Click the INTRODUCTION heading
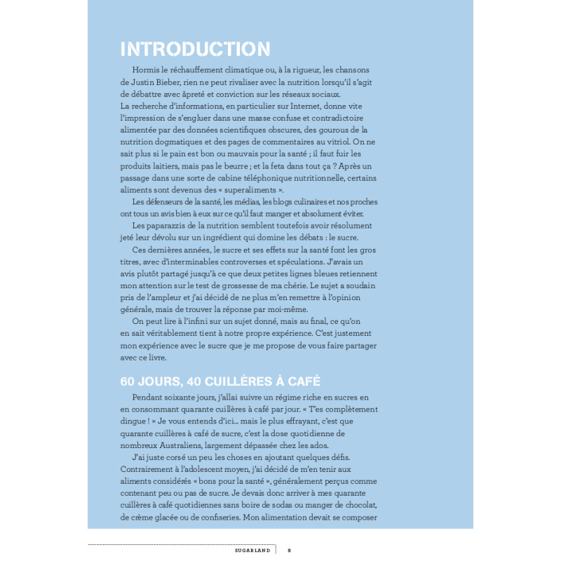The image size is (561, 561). [x=195, y=49]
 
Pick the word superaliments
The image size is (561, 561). [x=256, y=190]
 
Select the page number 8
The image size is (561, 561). [x=290, y=550]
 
